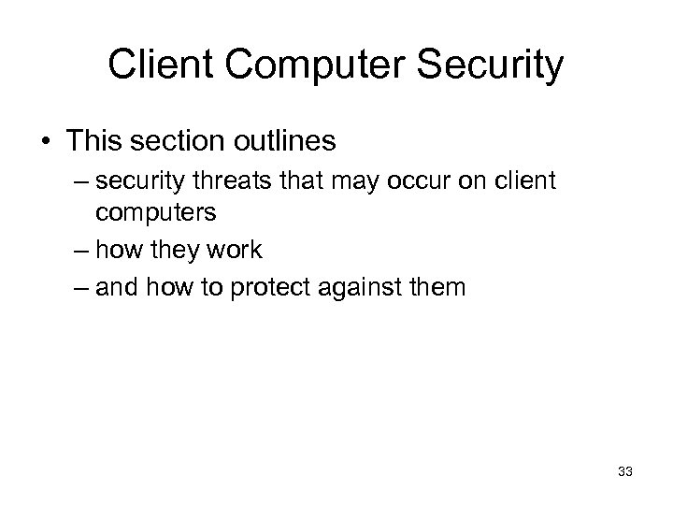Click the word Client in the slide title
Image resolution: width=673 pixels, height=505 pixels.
[x=153, y=65]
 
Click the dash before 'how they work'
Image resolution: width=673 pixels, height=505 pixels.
[x=77, y=251]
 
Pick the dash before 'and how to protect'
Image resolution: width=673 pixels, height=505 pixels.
[x=77, y=287]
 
